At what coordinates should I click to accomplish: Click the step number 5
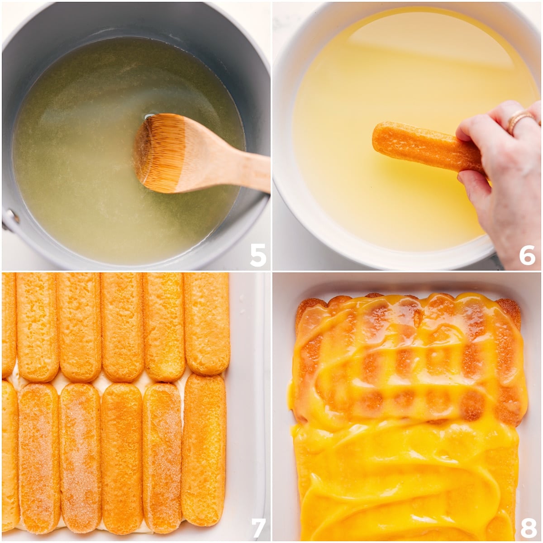pos(257,255)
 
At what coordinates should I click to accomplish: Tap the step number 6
pos(527,255)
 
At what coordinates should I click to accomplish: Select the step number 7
pos(257,527)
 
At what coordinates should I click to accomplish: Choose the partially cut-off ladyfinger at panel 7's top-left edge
pos(8,324)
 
